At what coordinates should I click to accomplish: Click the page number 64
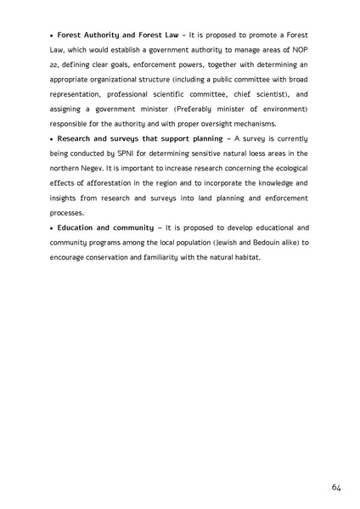pos(336,487)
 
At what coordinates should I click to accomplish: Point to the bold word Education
pos(77,228)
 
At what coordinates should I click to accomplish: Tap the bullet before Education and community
pos(52,228)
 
